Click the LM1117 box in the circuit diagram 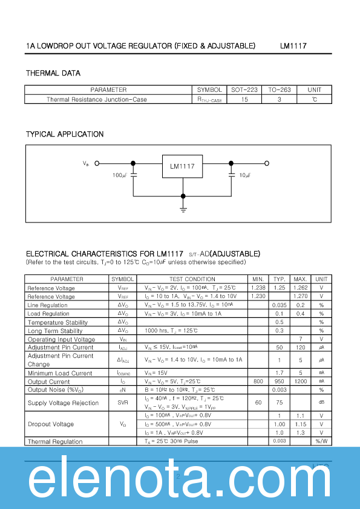[x=182, y=166]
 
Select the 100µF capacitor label [x=120, y=175]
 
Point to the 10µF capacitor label [x=245, y=175]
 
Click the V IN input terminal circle [x=97, y=163]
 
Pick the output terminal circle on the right [x=267, y=163]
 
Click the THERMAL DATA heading [x=53, y=73]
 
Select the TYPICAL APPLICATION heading [x=65, y=134]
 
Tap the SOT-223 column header [x=244, y=90]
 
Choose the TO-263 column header [x=280, y=90]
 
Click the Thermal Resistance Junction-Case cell [x=97, y=99]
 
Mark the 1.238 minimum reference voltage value [x=258, y=288]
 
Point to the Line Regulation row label [x=48, y=305]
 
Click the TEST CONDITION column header [x=192, y=279]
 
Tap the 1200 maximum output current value [x=300, y=381]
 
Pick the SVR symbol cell [x=123, y=403]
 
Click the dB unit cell [x=321, y=403]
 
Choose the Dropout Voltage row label [x=51, y=424]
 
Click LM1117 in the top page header [x=293, y=45]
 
